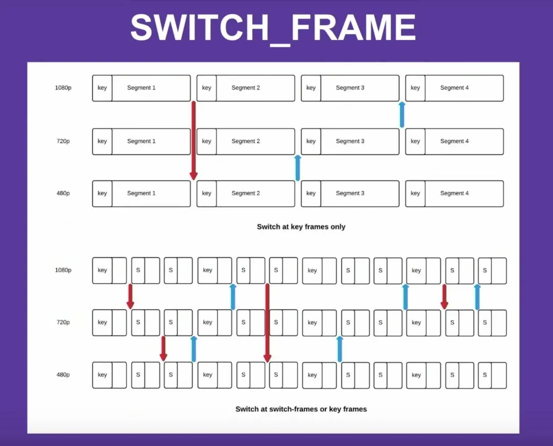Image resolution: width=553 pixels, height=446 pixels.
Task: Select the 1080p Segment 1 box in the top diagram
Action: click(x=141, y=88)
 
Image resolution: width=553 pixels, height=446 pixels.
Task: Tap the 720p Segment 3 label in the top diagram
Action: click(x=350, y=141)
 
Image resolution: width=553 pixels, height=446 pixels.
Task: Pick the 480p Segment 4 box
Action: click(x=454, y=194)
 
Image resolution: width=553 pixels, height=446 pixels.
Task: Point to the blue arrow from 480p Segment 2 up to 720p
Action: click(x=297, y=168)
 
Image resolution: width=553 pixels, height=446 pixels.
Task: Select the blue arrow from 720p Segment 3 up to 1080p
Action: click(x=402, y=115)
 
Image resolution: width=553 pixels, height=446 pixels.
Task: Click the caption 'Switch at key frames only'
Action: click(x=301, y=227)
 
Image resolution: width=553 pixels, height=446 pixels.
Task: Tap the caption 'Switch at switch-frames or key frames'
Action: click(x=301, y=409)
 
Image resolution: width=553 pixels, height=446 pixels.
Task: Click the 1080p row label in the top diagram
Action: click(x=63, y=88)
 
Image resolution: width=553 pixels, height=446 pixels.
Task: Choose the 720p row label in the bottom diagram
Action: click(x=63, y=322)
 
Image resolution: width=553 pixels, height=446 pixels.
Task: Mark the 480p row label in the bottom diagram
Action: click(x=63, y=375)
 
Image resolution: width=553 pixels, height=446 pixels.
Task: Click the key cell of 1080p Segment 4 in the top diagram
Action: click(x=415, y=88)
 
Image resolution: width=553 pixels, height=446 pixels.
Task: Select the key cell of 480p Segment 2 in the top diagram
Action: click(x=206, y=194)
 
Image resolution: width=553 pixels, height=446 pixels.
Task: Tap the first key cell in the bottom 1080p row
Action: click(x=102, y=271)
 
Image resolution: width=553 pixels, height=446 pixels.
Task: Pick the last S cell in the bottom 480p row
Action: click(x=485, y=375)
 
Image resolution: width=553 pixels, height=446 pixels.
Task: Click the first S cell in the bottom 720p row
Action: click(x=138, y=323)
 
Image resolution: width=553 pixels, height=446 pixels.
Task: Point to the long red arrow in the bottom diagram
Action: click(x=267, y=323)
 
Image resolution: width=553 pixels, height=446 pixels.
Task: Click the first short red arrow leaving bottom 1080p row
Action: click(x=130, y=297)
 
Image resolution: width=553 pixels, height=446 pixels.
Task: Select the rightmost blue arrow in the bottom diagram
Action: click(x=477, y=297)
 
